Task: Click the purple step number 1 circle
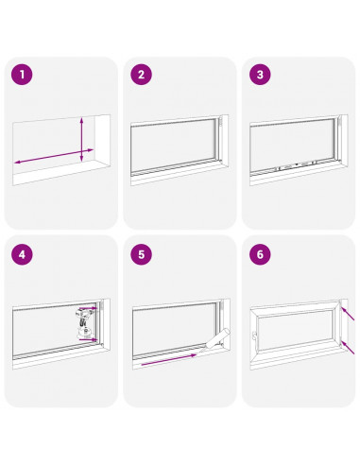22,75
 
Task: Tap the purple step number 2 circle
141,75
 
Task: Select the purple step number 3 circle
260,75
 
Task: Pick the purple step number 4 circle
22,254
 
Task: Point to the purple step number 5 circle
141,254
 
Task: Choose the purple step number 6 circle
260,254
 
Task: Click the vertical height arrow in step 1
81,140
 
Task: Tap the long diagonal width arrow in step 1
54,156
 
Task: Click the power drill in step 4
84,322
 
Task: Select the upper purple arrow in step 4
88,308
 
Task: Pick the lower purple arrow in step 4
88,339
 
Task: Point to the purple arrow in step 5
169,360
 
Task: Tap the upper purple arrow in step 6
348,314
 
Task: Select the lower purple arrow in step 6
348,347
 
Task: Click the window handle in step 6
253,336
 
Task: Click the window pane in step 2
173,146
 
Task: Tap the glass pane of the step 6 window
295,331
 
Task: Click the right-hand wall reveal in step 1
102,139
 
